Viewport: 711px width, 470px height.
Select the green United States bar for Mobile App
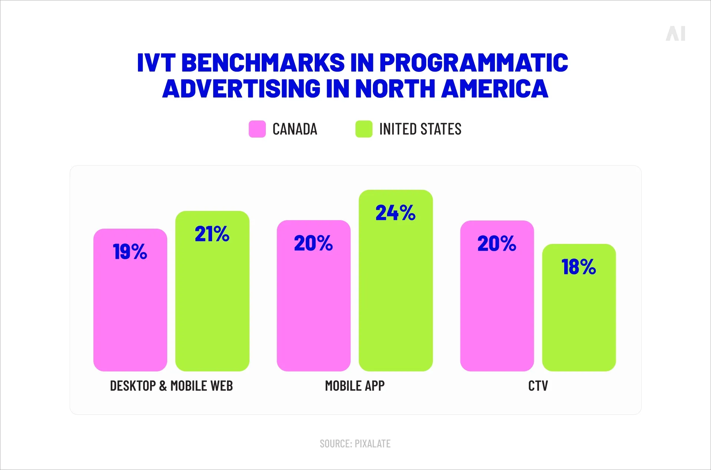pos(396,293)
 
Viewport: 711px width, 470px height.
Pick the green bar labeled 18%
pos(579,315)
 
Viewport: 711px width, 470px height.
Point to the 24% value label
pos(396,213)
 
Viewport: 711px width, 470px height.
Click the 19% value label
pos(130,252)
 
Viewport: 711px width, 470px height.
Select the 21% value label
pos(212,234)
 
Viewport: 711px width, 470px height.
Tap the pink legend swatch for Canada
pos(257,129)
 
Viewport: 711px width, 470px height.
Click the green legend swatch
pos(364,129)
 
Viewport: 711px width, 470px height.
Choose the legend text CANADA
pos(295,129)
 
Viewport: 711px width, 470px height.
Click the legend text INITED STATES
pos(420,129)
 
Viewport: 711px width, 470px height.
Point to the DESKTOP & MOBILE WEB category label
pos(171,386)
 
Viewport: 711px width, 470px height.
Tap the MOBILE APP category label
pos(355,386)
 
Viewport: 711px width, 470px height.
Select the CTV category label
pos(538,386)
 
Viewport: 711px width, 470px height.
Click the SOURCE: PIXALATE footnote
pos(355,444)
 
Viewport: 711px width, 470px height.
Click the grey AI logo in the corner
pos(675,34)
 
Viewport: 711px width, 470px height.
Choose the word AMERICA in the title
pos(495,89)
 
